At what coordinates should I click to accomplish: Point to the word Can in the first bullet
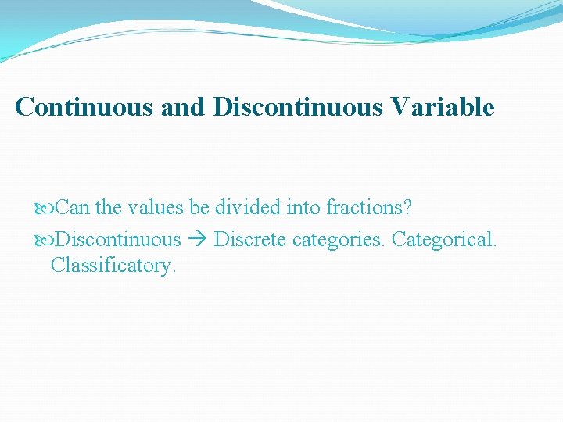74,208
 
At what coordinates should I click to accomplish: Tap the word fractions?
368,208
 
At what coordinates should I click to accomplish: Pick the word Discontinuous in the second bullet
118,238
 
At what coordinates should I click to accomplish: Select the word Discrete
250,238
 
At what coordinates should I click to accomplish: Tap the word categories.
339,239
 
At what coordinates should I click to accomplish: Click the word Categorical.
444,238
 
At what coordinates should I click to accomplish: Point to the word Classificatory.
114,266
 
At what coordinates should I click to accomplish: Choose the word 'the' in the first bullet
109,208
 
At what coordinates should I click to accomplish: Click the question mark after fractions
407,208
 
